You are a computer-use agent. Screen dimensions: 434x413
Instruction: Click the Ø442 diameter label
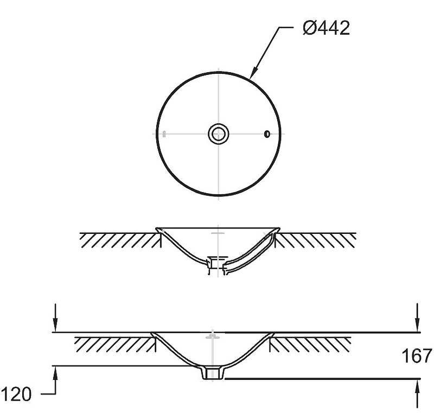coord(327,28)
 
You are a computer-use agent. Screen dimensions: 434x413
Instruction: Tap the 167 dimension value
coord(417,355)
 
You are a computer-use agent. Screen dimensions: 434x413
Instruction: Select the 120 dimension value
coord(17,394)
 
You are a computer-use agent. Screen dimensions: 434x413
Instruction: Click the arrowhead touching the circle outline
coord(253,73)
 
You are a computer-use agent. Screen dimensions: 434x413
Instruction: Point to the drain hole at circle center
coord(219,134)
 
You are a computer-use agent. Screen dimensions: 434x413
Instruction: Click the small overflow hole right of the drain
coord(267,134)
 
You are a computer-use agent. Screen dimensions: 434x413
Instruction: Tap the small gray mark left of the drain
coord(164,134)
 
